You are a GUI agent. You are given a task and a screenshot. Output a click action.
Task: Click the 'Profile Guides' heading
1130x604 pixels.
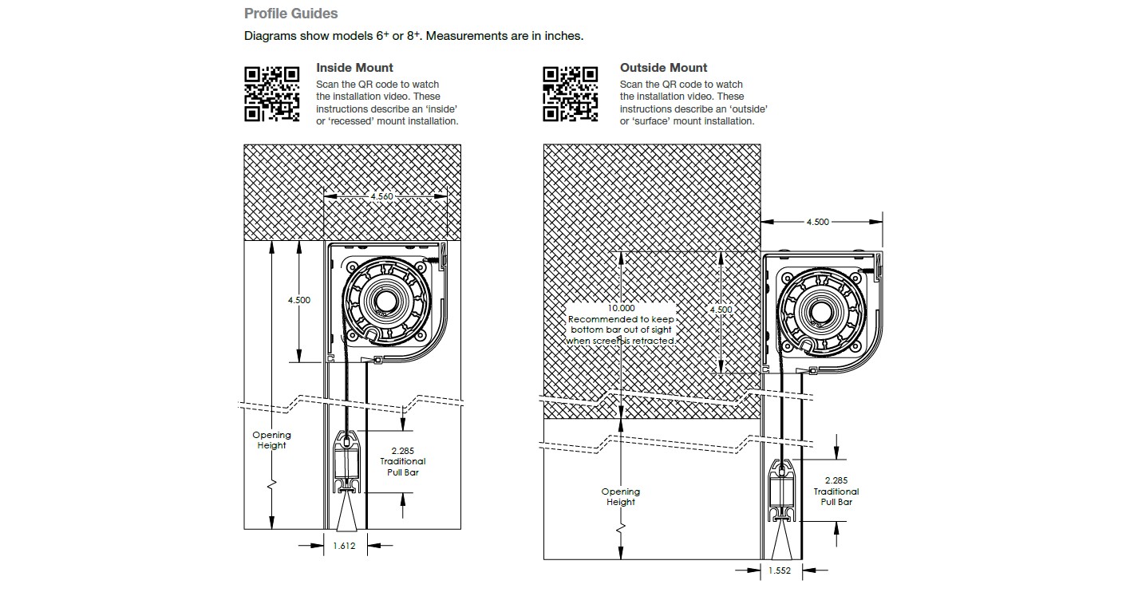pos(290,14)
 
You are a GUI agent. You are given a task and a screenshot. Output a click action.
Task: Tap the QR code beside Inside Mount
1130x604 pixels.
pos(271,94)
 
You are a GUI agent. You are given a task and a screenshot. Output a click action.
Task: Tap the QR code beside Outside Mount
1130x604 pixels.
pos(571,94)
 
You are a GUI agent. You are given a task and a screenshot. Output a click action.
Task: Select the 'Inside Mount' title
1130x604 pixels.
pos(354,68)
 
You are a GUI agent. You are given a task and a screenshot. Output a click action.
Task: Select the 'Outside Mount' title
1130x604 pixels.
pos(663,68)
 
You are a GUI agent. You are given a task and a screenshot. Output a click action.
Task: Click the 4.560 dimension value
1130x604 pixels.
pos(382,196)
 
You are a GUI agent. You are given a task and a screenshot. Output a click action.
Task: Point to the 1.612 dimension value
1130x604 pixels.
pos(344,546)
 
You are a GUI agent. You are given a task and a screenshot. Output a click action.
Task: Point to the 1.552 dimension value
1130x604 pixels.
pos(780,570)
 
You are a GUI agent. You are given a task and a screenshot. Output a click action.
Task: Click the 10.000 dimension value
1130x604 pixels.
pos(622,308)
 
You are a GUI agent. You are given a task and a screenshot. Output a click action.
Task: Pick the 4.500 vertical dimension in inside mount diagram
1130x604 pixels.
pos(299,300)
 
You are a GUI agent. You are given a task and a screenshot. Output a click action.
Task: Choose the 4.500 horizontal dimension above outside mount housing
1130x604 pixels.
pos(817,222)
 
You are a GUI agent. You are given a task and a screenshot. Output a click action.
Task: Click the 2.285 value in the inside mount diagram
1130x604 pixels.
pos(403,451)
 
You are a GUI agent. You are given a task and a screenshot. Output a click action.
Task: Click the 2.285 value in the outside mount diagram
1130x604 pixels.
pos(836,480)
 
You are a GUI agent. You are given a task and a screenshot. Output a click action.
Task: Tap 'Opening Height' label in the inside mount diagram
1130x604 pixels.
pos(271,440)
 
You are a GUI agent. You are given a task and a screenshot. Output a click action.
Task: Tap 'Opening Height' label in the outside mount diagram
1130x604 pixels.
pos(620,496)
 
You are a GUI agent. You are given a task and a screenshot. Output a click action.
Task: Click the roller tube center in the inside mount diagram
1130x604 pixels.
pos(389,302)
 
